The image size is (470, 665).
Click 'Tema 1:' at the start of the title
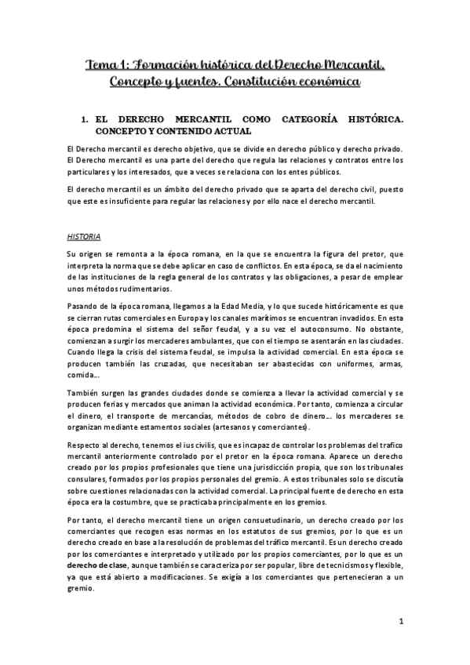point(109,64)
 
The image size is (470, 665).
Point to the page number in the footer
point(401,622)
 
